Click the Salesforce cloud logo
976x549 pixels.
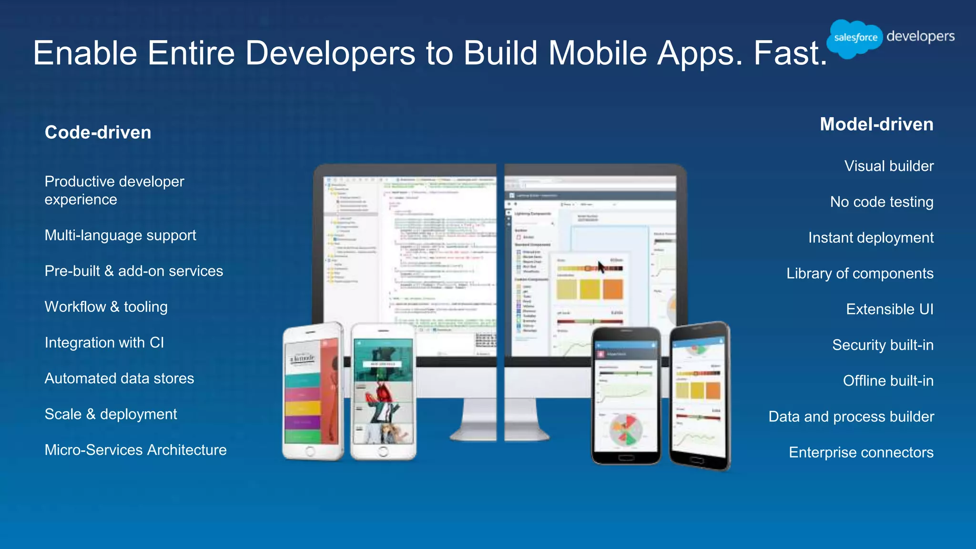coord(854,38)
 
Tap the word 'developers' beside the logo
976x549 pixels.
coord(920,36)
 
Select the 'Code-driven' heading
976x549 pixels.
coord(98,132)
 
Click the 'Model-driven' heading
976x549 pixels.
coord(876,124)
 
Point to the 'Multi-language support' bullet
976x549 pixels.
coord(120,235)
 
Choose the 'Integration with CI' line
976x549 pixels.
coord(104,343)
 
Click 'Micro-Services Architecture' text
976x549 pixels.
coord(135,450)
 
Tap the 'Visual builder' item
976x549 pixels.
coord(889,166)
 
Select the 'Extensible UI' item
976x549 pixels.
coord(889,309)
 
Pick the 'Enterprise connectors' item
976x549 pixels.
coord(861,452)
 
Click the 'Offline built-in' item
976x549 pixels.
coord(888,381)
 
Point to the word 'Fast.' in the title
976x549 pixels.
coord(790,53)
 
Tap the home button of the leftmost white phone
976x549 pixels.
coord(310,451)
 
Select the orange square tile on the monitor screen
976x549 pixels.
coord(613,289)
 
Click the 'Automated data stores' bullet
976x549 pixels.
coord(119,378)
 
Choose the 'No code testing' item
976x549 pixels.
coord(881,202)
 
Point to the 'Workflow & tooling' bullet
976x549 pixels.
coord(106,307)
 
